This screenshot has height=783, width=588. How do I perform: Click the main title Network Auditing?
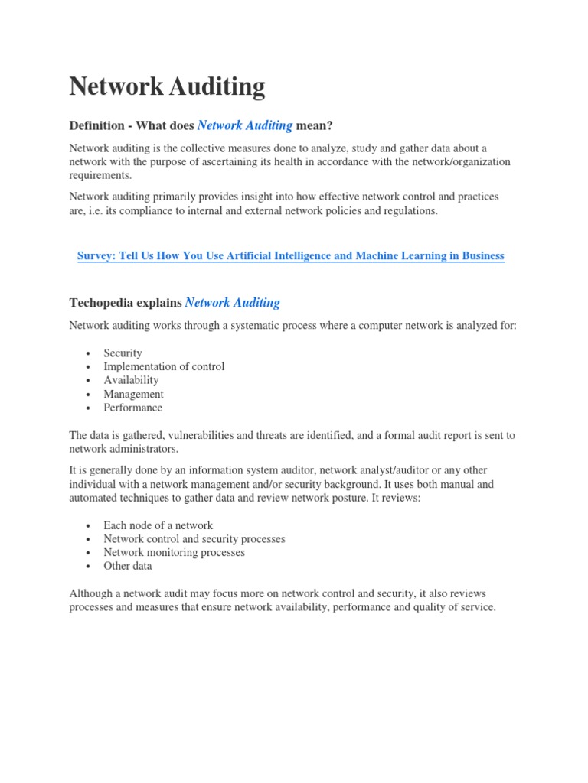(167, 87)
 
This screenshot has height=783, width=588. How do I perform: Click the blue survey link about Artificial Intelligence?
(291, 256)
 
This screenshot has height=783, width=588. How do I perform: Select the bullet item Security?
(123, 353)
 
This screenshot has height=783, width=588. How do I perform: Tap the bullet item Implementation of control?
(164, 366)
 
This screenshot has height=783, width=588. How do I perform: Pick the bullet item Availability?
(131, 380)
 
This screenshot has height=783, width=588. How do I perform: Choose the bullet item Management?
(133, 394)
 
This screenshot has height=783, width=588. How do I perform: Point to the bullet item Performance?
(133, 408)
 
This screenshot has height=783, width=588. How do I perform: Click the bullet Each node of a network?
(158, 525)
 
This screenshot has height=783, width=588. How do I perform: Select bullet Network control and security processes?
(194, 539)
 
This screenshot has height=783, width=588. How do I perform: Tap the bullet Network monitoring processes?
(174, 552)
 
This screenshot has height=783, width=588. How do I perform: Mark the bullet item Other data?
(128, 566)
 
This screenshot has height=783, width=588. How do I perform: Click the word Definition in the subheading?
(97, 125)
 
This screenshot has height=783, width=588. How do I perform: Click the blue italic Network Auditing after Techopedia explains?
(233, 303)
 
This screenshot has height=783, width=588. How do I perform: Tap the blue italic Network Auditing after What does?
(245, 125)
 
